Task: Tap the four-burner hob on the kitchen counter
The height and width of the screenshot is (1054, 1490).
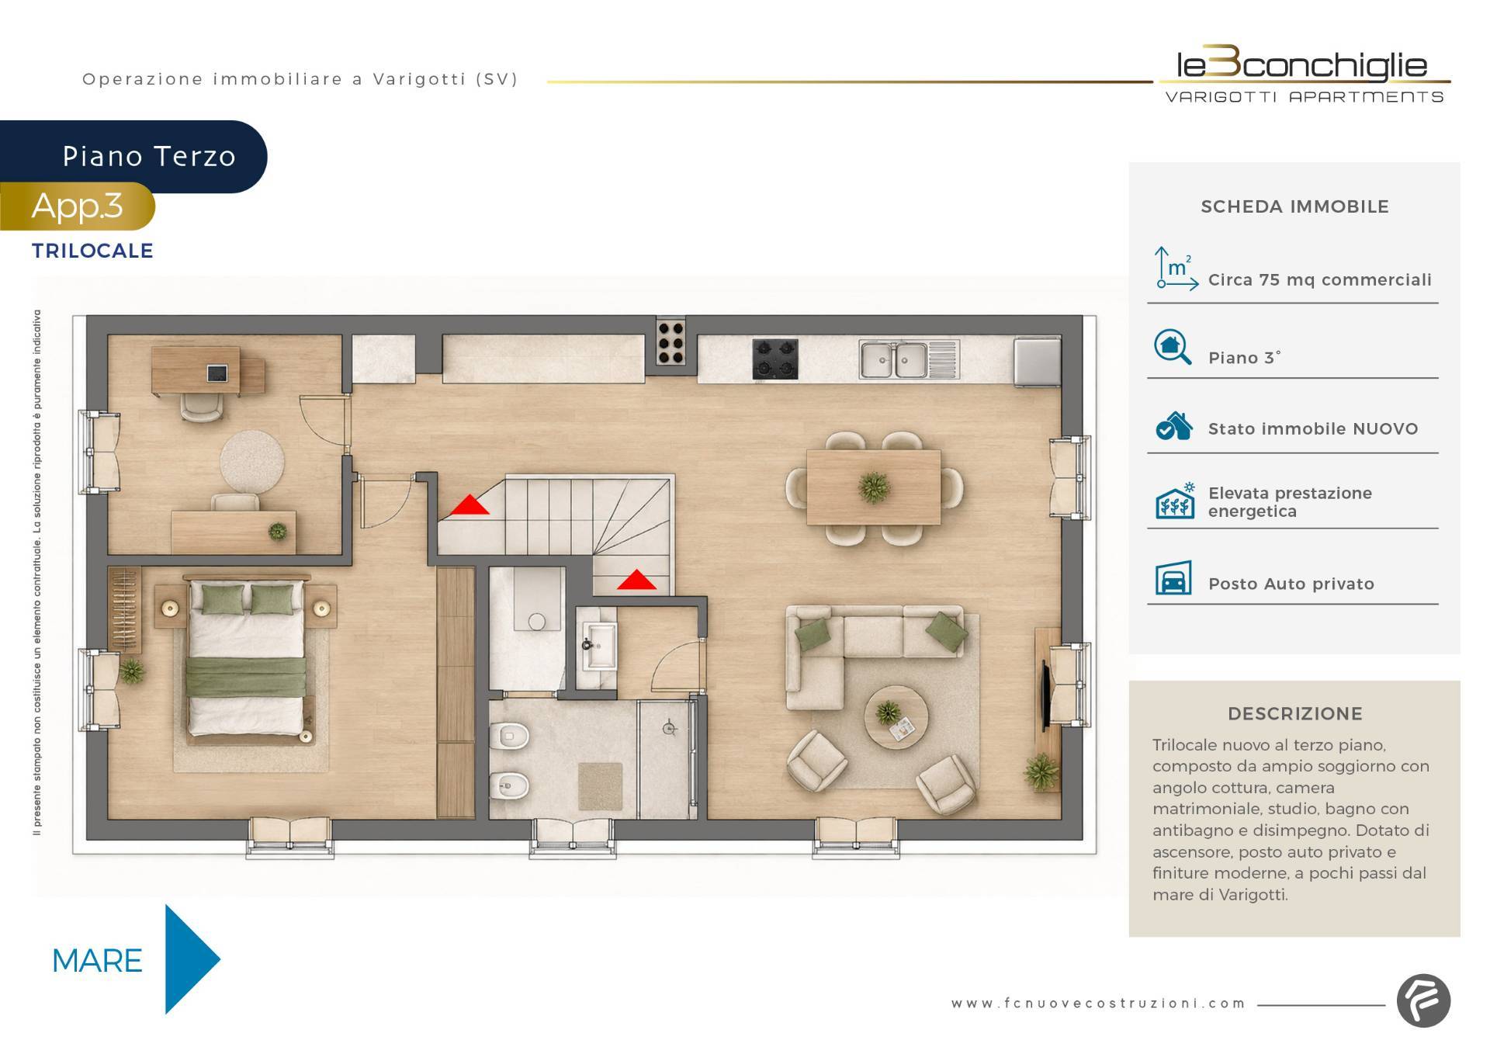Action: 774,359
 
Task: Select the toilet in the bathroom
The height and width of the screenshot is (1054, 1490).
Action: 510,733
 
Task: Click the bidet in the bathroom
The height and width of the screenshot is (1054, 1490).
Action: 510,786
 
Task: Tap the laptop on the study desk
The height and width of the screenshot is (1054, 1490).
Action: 217,373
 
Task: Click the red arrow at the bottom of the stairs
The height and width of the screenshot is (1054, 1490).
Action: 636,580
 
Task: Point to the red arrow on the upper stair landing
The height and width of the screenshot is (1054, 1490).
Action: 470,504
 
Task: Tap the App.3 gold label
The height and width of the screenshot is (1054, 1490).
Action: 77,206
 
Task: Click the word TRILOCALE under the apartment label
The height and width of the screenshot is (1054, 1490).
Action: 92,251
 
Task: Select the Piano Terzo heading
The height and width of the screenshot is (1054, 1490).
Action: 149,157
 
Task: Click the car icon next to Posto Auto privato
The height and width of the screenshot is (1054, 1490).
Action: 1173,579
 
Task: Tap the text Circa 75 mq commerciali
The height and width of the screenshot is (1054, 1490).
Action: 1319,280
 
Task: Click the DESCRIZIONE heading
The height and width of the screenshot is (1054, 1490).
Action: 1295,714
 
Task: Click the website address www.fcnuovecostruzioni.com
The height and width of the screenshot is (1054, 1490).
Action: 1098,1004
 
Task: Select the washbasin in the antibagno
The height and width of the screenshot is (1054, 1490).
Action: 599,644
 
